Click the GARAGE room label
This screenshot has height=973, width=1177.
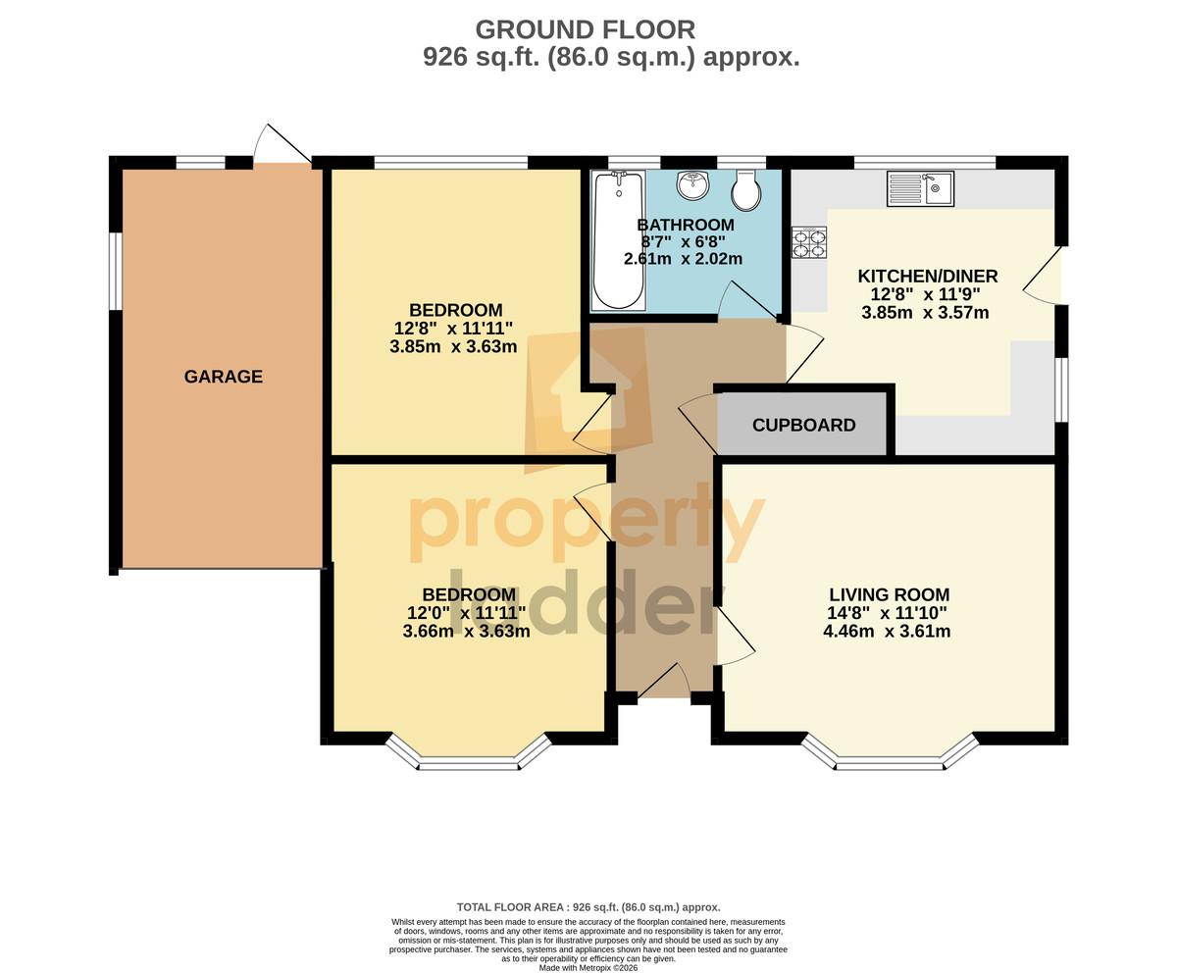[x=224, y=377]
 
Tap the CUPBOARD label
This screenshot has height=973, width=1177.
[x=804, y=425]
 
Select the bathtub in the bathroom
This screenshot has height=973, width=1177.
[x=618, y=240]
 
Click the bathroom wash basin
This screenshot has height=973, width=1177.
[x=692, y=185]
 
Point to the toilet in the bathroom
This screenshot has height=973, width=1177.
[x=746, y=189]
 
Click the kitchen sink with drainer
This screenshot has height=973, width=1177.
[x=920, y=188]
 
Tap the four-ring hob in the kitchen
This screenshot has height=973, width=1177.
[x=809, y=242]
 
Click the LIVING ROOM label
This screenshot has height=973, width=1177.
[x=889, y=594]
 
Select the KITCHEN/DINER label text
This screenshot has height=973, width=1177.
[x=928, y=277]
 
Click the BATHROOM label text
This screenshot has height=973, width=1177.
[x=686, y=225]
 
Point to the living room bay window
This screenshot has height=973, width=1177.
[x=890, y=753]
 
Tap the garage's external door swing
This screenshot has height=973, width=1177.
[x=281, y=145]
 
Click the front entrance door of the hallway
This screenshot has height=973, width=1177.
[x=663, y=684]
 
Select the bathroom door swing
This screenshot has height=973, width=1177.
[x=747, y=301]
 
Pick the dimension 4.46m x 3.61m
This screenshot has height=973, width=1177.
[x=887, y=631]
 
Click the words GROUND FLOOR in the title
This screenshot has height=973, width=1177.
[x=586, y=29]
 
